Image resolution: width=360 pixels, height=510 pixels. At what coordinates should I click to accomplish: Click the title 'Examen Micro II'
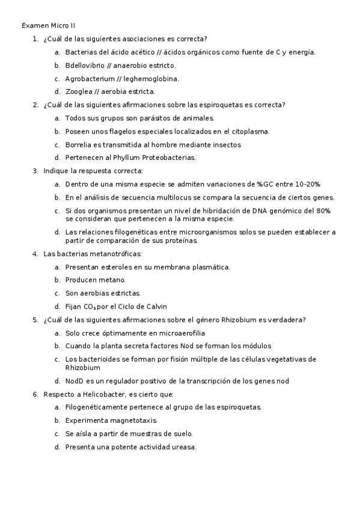[49, 26]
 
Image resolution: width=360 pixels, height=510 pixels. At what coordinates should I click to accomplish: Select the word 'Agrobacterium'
[88, 78]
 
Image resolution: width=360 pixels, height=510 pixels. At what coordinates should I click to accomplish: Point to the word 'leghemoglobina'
[151, 78]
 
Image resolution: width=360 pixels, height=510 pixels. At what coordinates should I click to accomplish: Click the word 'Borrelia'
[79, 144]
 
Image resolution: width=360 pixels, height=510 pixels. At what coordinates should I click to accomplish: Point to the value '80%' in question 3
[323, 210]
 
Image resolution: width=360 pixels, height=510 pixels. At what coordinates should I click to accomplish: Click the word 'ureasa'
[184, 447]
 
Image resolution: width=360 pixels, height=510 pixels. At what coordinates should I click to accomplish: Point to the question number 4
[35, 253]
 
